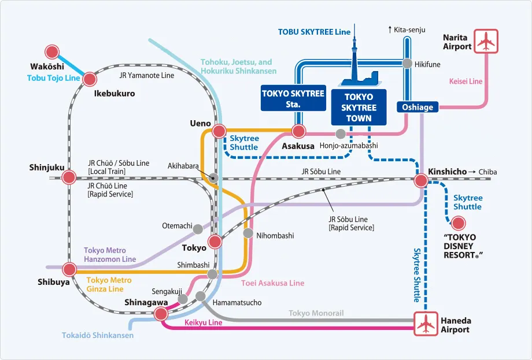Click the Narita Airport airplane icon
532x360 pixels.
click(x=486, y=41)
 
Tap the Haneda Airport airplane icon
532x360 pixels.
click(x=426, y=324)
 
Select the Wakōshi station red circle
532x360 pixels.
click(x=53, y=52)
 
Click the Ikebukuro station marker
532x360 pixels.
click(x=90, y=79)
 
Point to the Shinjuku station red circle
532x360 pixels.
click(x=69, y=177)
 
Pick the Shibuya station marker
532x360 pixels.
click(x=69, y=269)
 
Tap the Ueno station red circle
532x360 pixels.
click(x=219, y=131)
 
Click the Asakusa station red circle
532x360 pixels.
click(x=298, y=131)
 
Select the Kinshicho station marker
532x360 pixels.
click(x=420, y=180)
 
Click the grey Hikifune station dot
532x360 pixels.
click(x=407, y=64)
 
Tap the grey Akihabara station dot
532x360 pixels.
click(x=214, y=177)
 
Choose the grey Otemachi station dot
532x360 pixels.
click(x=198, y=228)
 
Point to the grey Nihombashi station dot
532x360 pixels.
click(x=248, y=233)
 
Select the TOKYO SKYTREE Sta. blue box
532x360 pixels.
click(x=293, y=98)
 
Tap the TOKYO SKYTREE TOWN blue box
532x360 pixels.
click(x=359, y=107)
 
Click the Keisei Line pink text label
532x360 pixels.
click(x=465, y=81)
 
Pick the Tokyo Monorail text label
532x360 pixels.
click(x=316, y=313)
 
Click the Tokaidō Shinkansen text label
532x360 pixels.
click(x=98, y=335)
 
